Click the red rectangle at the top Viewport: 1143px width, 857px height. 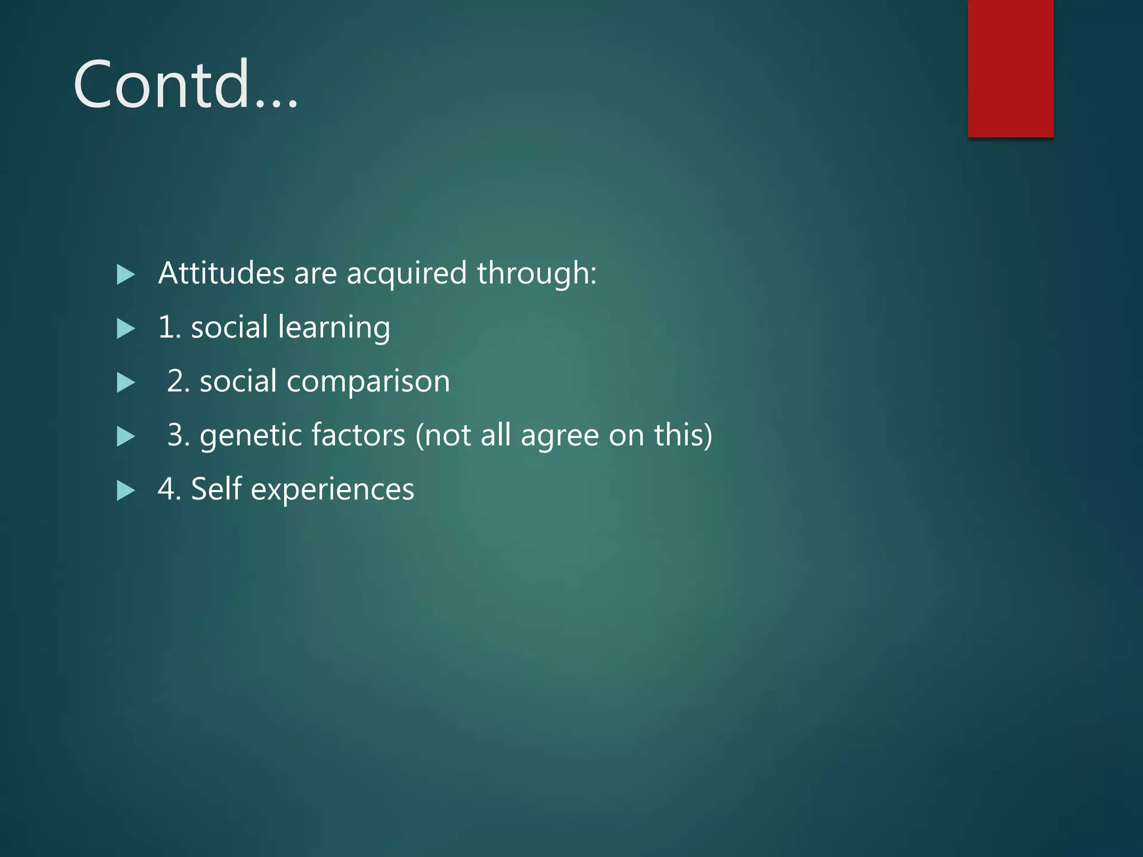pyautogui.click(x=1010, y=68)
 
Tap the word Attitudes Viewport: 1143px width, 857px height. pyautogui.click(x=222, y=273)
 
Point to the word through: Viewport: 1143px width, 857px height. pyautogui.click(x=536, y=275)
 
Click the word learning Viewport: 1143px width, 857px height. pyautogui.click(x=334, y=328)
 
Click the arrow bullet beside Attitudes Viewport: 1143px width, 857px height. pyautogui.click(x=126, y=275)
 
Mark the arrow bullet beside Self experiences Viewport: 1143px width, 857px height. pyautogui.click(x=126, y=491)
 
